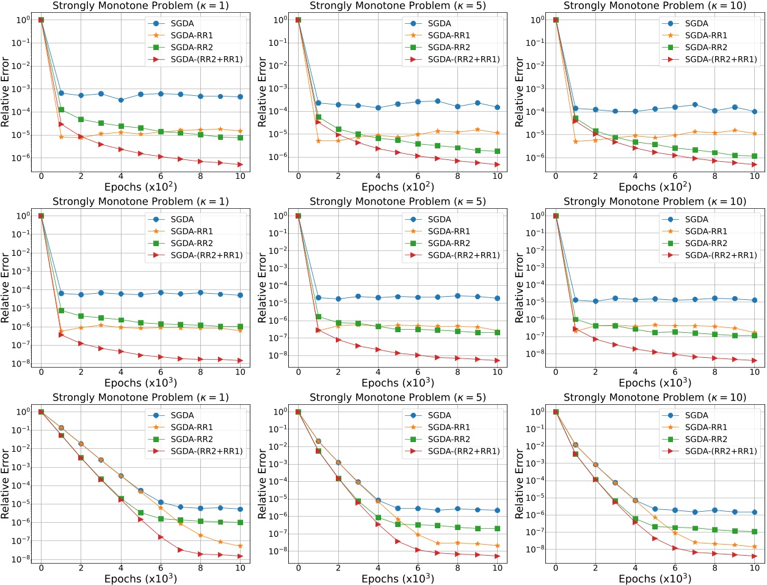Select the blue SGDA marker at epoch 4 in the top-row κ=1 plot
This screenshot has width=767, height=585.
(121, 100)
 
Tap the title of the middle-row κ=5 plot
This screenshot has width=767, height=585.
(398, 202)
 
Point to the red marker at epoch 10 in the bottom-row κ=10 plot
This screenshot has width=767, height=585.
(755, 556)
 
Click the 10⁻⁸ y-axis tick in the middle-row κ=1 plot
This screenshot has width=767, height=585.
(23, 364)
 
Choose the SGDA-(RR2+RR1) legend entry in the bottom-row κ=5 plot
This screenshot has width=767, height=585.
(463, 451)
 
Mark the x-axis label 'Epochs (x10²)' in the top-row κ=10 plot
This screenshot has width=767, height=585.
(655, 187)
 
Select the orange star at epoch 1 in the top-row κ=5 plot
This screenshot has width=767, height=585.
(318, 140)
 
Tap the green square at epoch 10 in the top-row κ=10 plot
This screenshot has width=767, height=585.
(755, 156)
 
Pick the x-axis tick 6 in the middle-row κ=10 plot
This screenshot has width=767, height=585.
(675, 372)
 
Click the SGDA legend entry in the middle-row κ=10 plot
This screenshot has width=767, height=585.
(696, 219)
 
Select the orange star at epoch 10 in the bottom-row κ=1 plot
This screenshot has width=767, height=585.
(241, 546)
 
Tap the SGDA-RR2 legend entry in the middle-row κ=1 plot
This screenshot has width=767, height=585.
(192, 243)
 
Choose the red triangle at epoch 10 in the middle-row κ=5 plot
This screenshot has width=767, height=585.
(498, 361)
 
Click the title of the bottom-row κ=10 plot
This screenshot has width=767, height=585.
(655, 398)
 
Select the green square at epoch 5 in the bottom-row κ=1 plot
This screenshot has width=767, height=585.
(140, 512)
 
